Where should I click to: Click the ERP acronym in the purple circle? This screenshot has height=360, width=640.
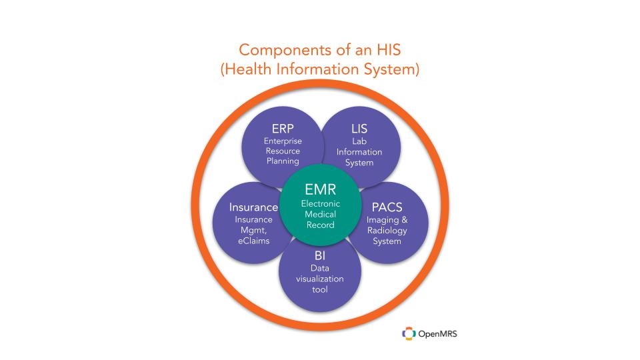(x=283, y=129)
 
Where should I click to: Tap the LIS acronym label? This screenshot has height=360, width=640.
(x=359, y=129)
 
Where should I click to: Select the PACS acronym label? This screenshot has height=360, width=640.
(x=387, y=207)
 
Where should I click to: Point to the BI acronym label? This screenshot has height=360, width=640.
(x=319, y=255)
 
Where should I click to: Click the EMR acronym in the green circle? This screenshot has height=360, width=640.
(x=321, y=189)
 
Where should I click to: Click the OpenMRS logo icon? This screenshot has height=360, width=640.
(x=409, y=333)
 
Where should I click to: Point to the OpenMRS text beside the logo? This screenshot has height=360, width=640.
(x=437, y=334)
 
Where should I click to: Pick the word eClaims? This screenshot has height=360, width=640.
(x=253, y=241)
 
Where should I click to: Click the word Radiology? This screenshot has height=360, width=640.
(x=387, y=231)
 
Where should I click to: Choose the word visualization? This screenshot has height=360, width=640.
(x=319, y=279)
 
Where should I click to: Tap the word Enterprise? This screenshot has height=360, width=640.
(x=283, y=141)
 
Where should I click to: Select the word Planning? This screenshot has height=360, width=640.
(x=283, y=161)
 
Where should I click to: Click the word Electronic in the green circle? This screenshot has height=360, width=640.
(x=321, y=203)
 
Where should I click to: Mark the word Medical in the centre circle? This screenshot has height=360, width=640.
(x=321, y=214)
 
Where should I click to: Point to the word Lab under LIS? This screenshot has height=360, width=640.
(x=359, y=141)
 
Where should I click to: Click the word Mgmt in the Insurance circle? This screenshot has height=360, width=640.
(x=253, y=231)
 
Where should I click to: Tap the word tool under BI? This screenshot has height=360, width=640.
(x=319, y=289)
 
